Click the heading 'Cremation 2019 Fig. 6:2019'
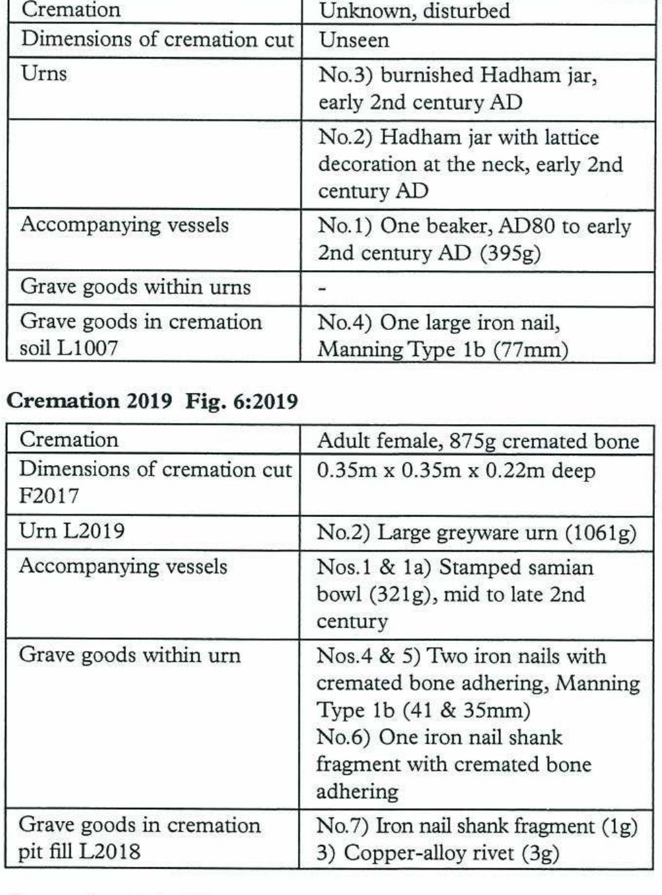point(152,401)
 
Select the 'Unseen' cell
point(354,40)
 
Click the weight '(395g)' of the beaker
point(509,253)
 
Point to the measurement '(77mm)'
point(530,350)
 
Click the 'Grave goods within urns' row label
point(136,287)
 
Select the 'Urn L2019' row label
point(71,531)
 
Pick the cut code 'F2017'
point(49,496)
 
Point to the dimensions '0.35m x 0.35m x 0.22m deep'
point(456,470)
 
